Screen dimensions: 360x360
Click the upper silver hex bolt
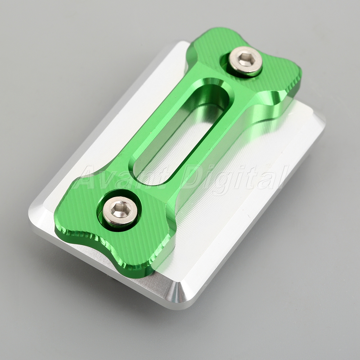[246, 61]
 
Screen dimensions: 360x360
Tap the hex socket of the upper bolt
[247, 59]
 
